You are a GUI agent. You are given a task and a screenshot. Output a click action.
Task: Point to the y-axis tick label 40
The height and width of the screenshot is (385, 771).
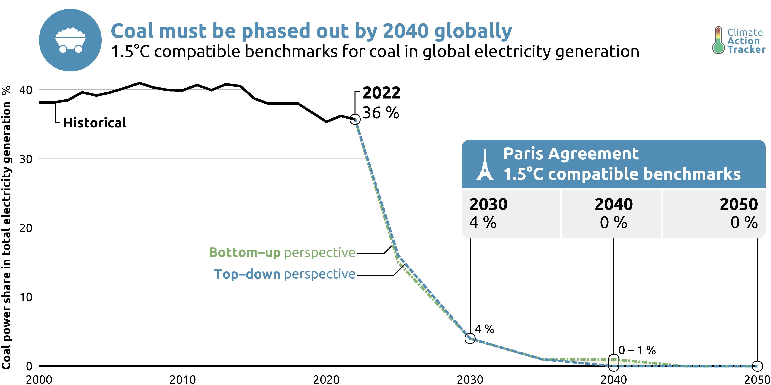point(26,90)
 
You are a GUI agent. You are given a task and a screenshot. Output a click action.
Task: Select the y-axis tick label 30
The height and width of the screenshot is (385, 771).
point(26,159)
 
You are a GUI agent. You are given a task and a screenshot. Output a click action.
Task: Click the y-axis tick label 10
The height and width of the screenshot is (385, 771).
point(26,297)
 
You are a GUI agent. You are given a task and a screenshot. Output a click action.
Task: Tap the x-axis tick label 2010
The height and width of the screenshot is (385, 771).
point(183,380)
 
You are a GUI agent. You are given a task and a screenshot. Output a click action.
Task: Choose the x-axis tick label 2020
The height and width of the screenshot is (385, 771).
point(326,380)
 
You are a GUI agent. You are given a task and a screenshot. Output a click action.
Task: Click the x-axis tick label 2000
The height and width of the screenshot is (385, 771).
point(39,380)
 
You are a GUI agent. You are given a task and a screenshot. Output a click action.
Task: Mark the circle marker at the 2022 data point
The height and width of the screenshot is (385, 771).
point(355,119)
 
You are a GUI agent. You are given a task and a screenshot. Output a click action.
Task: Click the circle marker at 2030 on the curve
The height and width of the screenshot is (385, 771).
point(470,338)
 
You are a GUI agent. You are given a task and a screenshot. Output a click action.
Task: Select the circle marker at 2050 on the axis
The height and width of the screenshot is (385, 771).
point(757,366)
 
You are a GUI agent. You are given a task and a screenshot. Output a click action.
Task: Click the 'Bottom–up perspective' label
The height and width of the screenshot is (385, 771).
point(282,253)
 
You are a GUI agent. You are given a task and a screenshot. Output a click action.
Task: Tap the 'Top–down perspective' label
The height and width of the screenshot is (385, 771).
point(285,274)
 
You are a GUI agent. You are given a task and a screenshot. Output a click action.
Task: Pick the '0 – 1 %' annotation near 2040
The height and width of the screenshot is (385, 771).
point(637,350)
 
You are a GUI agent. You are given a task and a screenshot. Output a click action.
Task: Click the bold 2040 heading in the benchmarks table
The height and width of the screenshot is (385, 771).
point(614,205)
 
